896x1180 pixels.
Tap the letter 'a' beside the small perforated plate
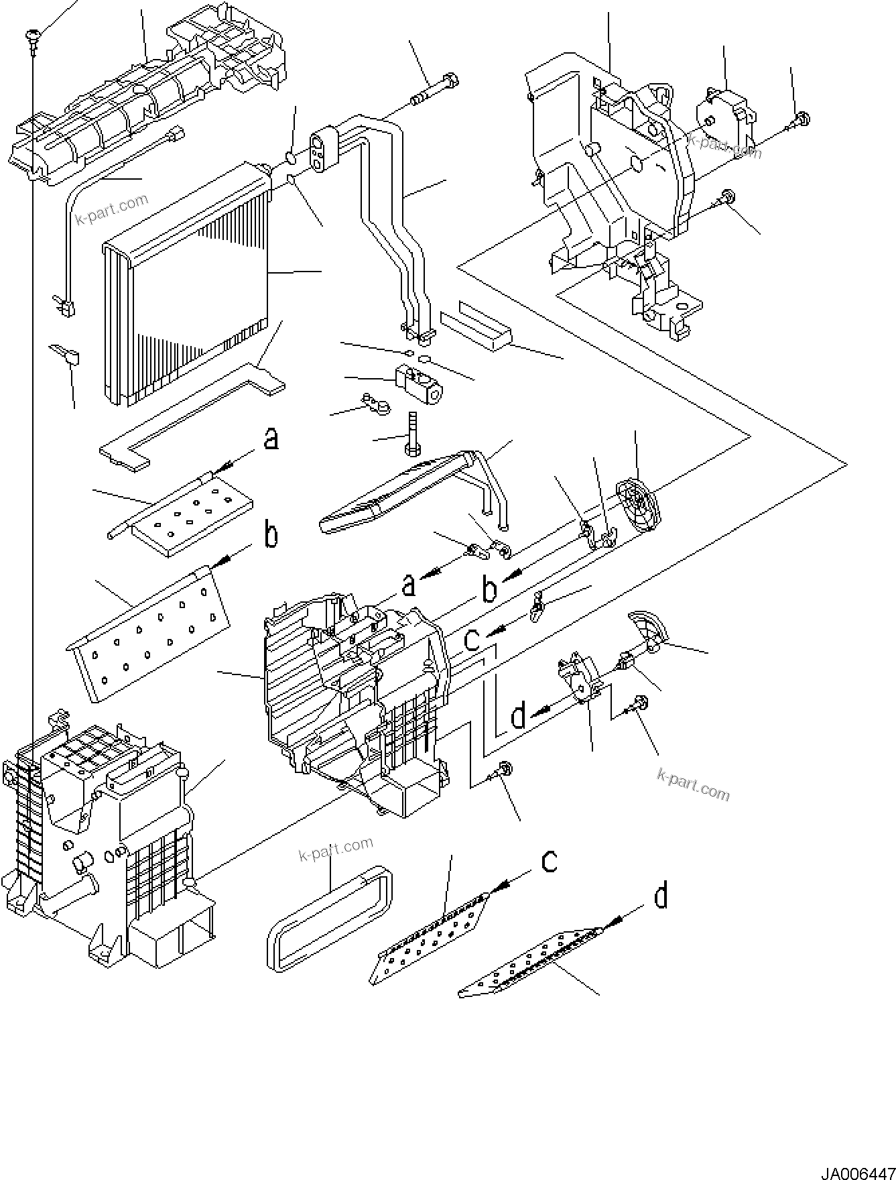pyautogui.click(x=271, y=440)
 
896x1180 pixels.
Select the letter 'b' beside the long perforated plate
pyautogui.click(x=270, y=535)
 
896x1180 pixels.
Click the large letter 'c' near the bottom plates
pyautogui.click(x=549, y=861)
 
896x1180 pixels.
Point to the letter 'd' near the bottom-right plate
pyautogui.click(x=660, y=896)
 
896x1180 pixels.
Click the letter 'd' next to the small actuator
pyautogui.click(x=518, y=717)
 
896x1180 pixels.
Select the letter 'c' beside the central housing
pyautogui.click(x=472, y=640)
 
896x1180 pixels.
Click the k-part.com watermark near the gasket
pyautogui.click(x=334, y=849)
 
